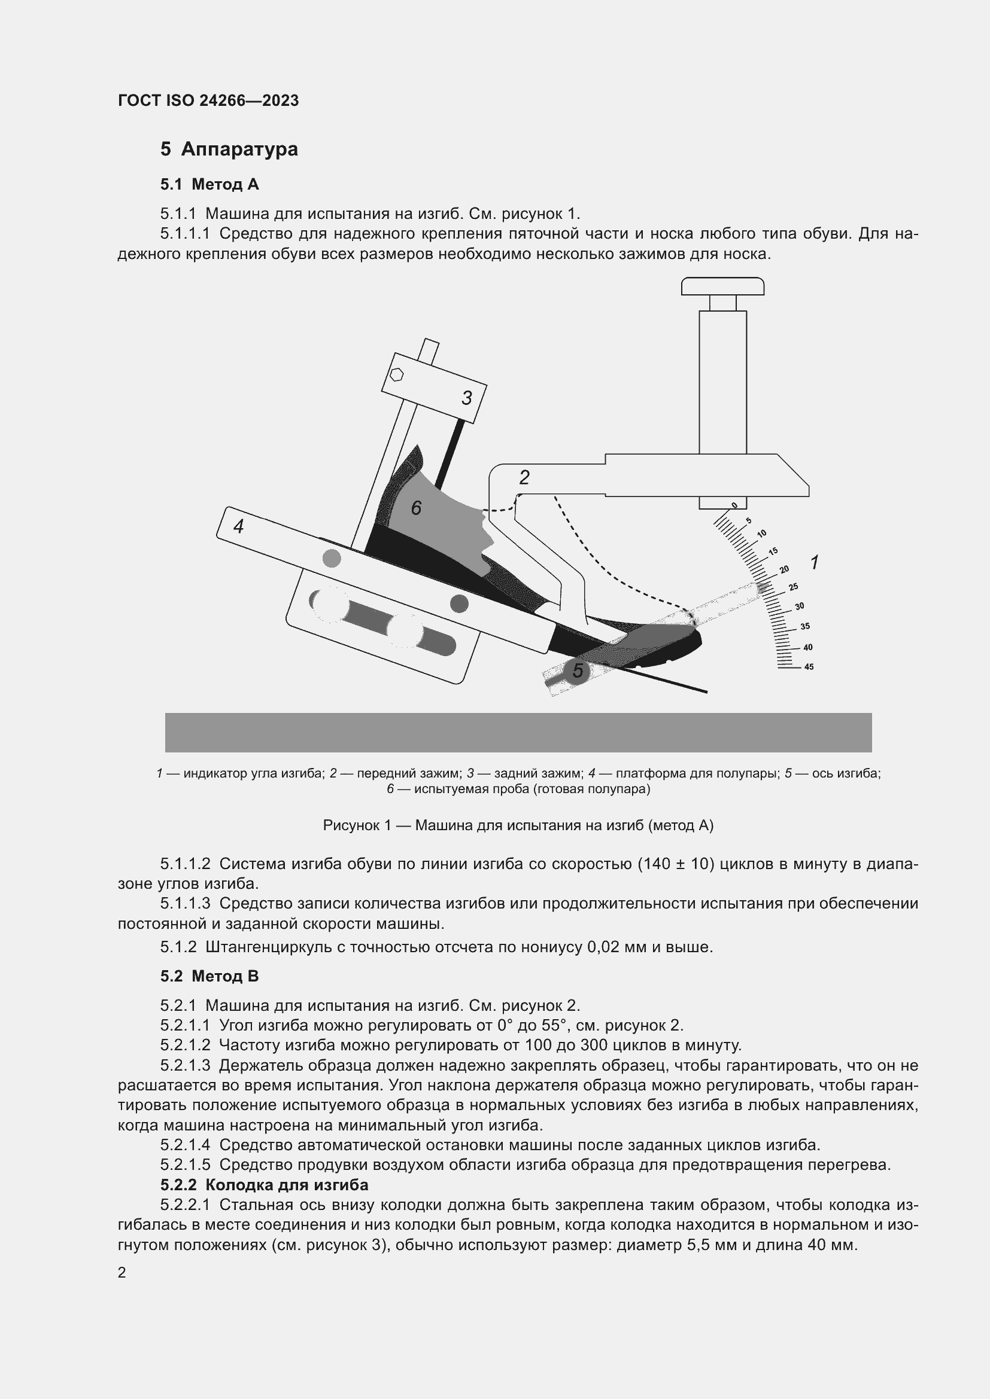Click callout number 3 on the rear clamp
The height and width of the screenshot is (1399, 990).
coord(466,398)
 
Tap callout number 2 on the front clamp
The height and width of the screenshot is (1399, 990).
coord(524,478)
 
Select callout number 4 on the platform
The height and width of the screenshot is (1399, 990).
coord(239,526)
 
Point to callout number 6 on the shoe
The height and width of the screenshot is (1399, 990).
coord(417,508)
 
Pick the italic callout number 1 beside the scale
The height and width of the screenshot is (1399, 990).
coord(815,562)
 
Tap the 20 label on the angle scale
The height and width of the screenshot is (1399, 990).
coord(784,570)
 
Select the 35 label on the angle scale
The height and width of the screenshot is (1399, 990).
coord(804,626)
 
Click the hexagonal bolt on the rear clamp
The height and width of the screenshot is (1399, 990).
coord(396,374)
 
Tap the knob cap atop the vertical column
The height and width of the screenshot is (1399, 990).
coord(722,286)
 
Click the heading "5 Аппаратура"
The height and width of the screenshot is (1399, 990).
coord(229,150)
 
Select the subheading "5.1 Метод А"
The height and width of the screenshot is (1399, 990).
coord(209,184)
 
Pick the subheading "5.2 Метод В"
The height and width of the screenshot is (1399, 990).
coord(209,976)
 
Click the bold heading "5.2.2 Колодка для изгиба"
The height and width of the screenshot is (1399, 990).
coord(265,1184)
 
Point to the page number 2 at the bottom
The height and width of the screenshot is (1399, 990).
coord(122,1272)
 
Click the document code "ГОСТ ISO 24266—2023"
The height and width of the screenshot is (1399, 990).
coord(208,100)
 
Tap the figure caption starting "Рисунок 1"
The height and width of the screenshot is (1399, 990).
coord(518,825)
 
